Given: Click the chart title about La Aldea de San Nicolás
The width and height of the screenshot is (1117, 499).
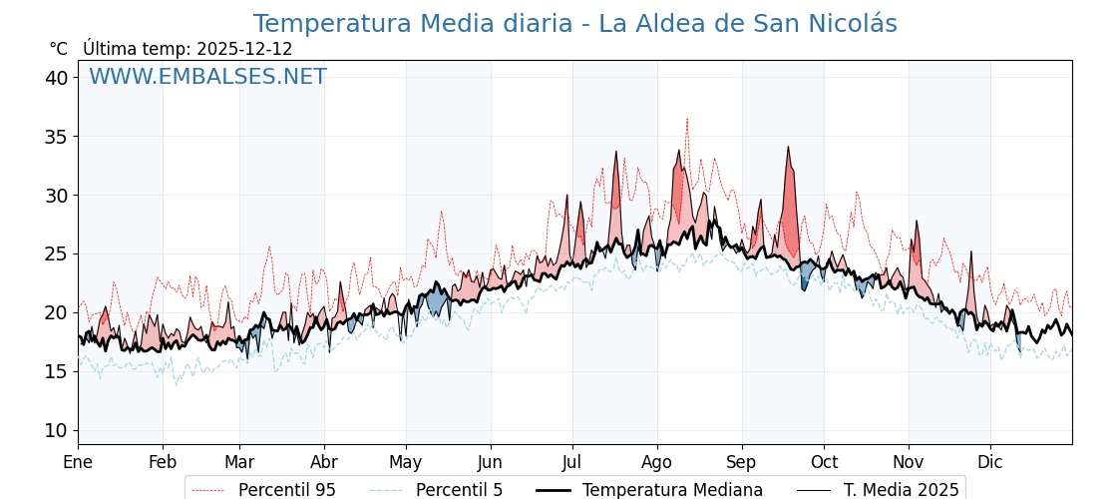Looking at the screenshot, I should tap(574, 24).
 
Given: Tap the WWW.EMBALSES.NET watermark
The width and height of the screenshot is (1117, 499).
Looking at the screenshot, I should tap(207, 77).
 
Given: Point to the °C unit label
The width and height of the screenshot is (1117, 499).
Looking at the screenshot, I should tap(58, 49).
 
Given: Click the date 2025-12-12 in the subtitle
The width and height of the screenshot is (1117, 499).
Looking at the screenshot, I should tap(244, 49).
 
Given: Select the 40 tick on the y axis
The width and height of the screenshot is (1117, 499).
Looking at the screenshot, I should tap(56, 78).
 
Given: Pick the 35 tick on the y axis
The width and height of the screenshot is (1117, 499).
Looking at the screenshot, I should tap(56, 137).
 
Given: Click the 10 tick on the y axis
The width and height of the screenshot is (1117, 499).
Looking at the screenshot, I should tap(56, 430).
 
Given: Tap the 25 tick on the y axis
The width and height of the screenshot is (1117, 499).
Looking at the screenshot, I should tap(56, 253).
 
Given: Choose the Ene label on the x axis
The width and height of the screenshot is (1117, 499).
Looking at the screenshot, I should tap(78, 462).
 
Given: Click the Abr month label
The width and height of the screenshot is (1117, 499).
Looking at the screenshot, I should tap(324, 462).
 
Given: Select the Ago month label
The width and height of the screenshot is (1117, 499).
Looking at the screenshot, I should tap(657, 462).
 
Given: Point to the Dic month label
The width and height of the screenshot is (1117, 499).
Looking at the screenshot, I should tap(990, 462).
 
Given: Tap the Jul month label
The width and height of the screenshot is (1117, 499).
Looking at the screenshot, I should tap(572, 462).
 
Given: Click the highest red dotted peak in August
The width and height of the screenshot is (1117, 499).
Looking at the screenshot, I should tap(687, 119).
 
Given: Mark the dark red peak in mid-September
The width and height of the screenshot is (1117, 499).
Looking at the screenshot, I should tap(788, 148).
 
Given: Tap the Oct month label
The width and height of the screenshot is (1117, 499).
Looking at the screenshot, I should tap(824, 462).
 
